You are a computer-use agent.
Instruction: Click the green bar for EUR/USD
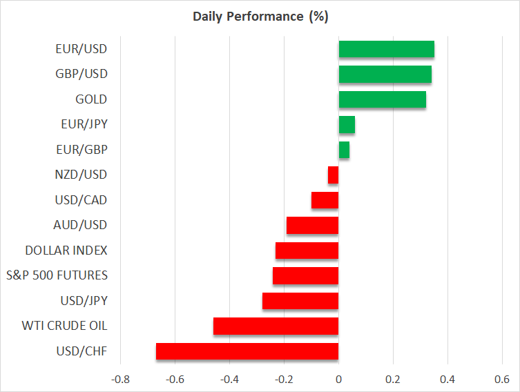(x=386, y=49)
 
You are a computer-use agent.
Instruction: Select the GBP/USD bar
(x=385, y=74)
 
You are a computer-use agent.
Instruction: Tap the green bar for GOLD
(x=382, y=99)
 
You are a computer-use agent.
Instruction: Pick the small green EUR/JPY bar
(x=347, y=124)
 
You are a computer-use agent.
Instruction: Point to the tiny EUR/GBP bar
(x=344, y=150)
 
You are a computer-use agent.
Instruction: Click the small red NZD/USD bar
(x=334, y=175)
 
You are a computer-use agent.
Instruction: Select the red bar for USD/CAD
(x=325, y=200)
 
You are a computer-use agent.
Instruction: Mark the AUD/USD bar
(x=313, y=225)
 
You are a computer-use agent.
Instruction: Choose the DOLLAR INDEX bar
(x=307, y=251)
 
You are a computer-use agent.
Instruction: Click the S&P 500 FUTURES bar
(x=306, y=275)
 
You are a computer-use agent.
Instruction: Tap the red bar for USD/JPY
(x=300, y=301)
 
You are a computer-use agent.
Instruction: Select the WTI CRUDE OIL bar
(x=276, y=326)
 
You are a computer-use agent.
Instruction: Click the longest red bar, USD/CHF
(x=247, y=351)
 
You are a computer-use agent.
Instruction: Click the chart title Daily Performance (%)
(x=260, y=17)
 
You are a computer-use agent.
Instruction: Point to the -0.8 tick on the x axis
(x=120, y=379)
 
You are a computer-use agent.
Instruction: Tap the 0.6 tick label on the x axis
(x=502, y=379)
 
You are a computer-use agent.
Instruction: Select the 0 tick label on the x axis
(x=338, y=379)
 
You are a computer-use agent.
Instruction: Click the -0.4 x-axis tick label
(x=229, y=379)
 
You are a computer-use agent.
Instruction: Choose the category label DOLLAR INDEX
(x=66, y=251)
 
